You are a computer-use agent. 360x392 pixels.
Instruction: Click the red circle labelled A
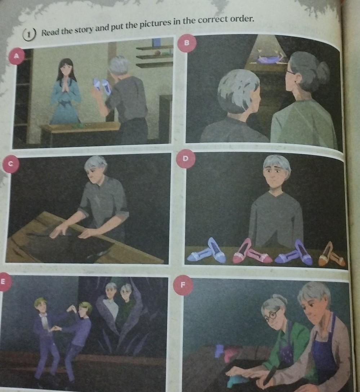(x=16, y=56)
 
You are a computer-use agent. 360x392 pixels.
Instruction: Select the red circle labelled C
(x=10, y=164)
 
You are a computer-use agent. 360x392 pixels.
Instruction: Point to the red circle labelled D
(x=185, y=158)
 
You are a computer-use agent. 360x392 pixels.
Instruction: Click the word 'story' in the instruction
(x=84, y=29)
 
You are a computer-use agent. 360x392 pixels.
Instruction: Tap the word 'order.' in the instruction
(x=241, y=18)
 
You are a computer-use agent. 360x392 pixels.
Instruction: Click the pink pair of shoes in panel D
(x=251, y=252)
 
